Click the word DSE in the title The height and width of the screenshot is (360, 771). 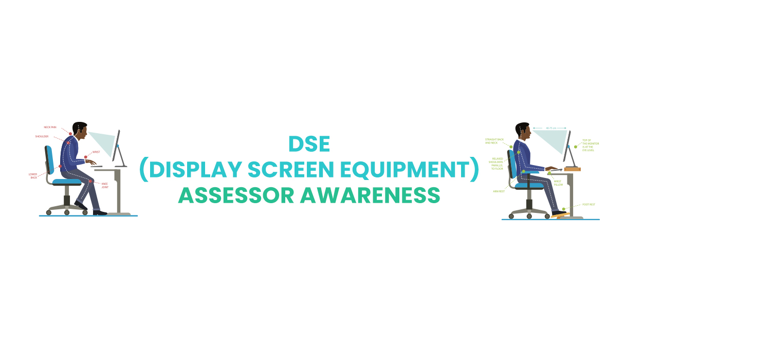309,145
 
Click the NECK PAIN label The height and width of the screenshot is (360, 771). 50,127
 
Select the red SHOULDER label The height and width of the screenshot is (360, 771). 42,136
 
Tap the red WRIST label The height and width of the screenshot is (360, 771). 96,152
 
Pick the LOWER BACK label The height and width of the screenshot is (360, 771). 33,175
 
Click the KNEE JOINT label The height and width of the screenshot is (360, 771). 104,185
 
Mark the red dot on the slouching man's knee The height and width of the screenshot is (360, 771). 90,182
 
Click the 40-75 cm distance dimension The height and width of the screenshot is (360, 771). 549,128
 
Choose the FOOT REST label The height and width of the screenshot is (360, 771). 589,205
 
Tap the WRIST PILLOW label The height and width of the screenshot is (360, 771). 558,183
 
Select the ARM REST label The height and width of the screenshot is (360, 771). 499,191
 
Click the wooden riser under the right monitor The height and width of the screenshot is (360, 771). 572,169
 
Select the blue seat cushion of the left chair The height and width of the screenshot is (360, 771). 67,182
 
